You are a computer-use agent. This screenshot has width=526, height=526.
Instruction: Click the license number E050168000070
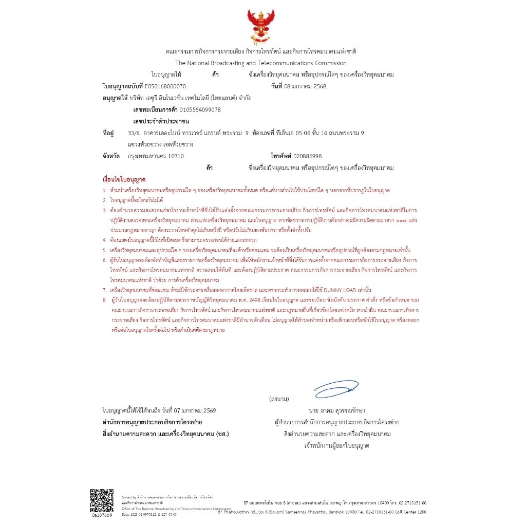tap(166, 86)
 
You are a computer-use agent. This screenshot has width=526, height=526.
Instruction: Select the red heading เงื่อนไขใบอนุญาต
tap(124, 180)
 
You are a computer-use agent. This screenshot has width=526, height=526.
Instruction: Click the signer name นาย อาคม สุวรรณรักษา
tap(337, 411)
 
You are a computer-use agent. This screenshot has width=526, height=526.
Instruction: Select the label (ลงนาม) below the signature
tap(279, 399)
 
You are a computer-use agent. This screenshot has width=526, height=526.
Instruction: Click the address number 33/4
tap(134, 133)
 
